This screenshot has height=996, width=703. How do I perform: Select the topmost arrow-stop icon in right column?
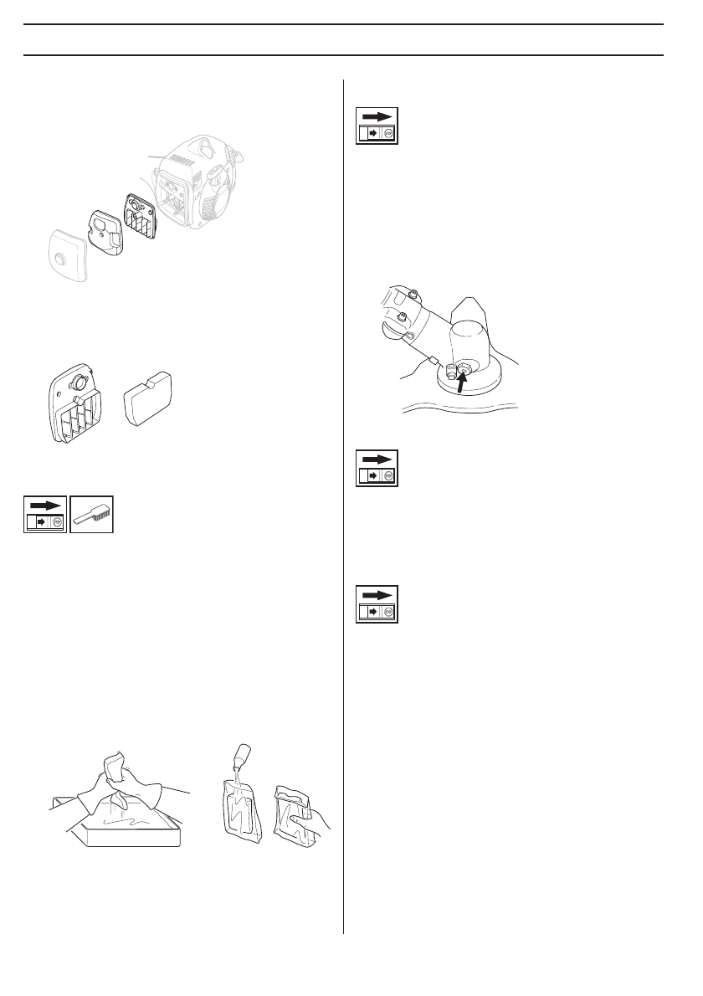377,126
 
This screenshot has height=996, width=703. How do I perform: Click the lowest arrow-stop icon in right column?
377,604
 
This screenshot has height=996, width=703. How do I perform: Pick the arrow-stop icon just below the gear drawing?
377,468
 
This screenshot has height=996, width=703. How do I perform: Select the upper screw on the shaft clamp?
413,293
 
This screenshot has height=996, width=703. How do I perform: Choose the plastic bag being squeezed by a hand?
295,812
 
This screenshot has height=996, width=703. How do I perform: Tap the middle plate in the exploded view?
106,229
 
